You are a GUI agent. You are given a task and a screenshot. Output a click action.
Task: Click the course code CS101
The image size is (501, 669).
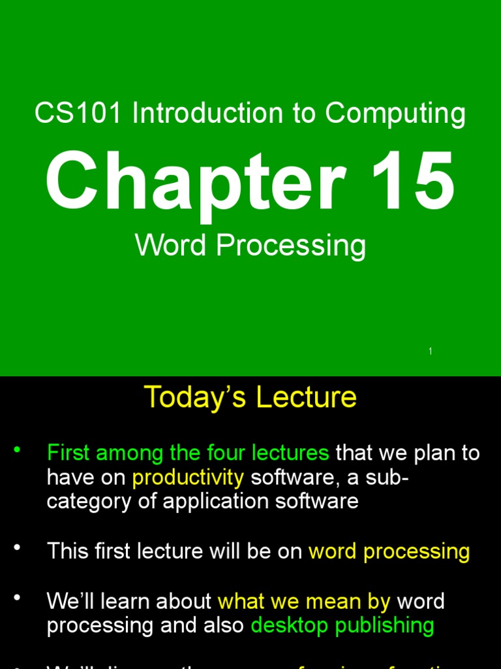78,114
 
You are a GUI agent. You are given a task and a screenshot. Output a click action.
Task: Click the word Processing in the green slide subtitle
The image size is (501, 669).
291,247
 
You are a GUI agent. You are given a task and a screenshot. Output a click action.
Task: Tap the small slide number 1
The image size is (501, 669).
431,351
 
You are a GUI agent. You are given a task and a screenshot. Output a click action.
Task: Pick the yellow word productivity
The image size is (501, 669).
188,478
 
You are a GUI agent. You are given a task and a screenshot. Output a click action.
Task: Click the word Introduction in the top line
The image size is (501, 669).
207,114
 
